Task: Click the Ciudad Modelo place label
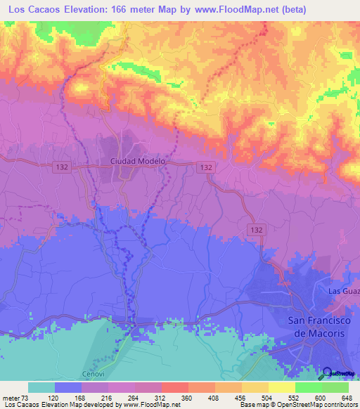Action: (x=138, y=161)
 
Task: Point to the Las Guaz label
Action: (x=344, y=290)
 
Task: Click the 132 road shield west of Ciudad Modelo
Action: (x=61, y=167)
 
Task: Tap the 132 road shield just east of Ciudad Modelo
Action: (x=205, y=167)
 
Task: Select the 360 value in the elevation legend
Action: (x=188, y=397)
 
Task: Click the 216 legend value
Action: (x=108, y=397)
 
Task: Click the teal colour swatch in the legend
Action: (x=41, y=387)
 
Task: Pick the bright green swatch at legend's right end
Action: (x=335, y=387)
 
